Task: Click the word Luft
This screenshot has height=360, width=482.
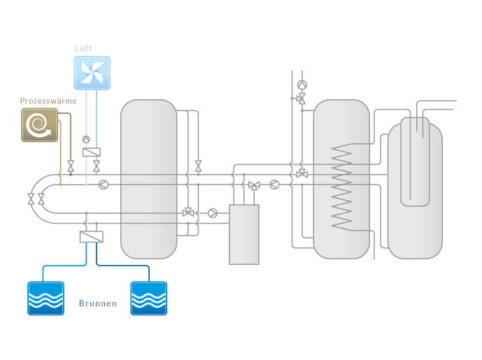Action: (83, 48)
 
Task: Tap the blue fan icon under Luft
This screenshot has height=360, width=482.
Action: (92, 72)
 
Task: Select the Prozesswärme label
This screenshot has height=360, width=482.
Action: (48, 101)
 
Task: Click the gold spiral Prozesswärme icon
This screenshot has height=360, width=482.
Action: (38, 124)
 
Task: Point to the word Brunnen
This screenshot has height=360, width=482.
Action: (98, 303)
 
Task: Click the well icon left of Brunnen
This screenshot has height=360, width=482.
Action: (45, 298)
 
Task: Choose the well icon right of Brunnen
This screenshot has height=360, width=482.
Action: (149, 298)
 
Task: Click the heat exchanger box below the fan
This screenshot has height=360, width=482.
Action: (91, 152)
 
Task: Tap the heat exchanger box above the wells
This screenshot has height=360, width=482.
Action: (92, 237)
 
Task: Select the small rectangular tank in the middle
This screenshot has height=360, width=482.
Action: (243, 234)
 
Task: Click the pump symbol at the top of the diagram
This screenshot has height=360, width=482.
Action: (302, 85)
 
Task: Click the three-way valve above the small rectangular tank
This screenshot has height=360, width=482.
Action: (253, 185)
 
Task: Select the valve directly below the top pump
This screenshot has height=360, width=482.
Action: (302, 99)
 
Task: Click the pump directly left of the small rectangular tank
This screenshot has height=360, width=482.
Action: (213, 213)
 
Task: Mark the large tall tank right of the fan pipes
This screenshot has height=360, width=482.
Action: (148, 178)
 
